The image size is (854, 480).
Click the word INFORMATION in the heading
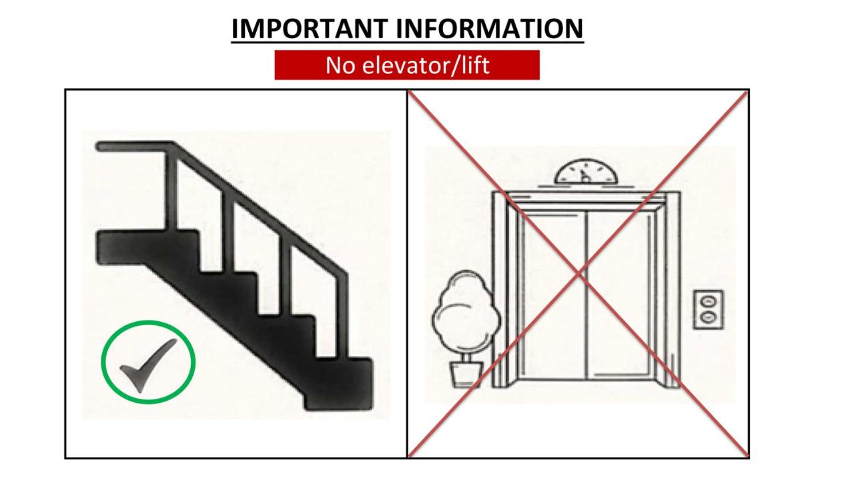(x=490, y=29)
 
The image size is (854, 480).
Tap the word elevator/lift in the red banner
(x=426, y=65)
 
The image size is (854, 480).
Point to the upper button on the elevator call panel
(x=708, y=302)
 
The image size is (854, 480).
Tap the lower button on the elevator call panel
(x=708, y=317)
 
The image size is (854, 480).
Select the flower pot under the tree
(x=466, y=374)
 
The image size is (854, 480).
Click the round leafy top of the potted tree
(x=466, y=311)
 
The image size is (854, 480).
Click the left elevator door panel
(x=554, y=295)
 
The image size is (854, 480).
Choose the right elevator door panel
(x=618, y=295)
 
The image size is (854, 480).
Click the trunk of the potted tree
(x=466, y=357)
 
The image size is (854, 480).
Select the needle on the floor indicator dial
(x=584, y=176)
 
